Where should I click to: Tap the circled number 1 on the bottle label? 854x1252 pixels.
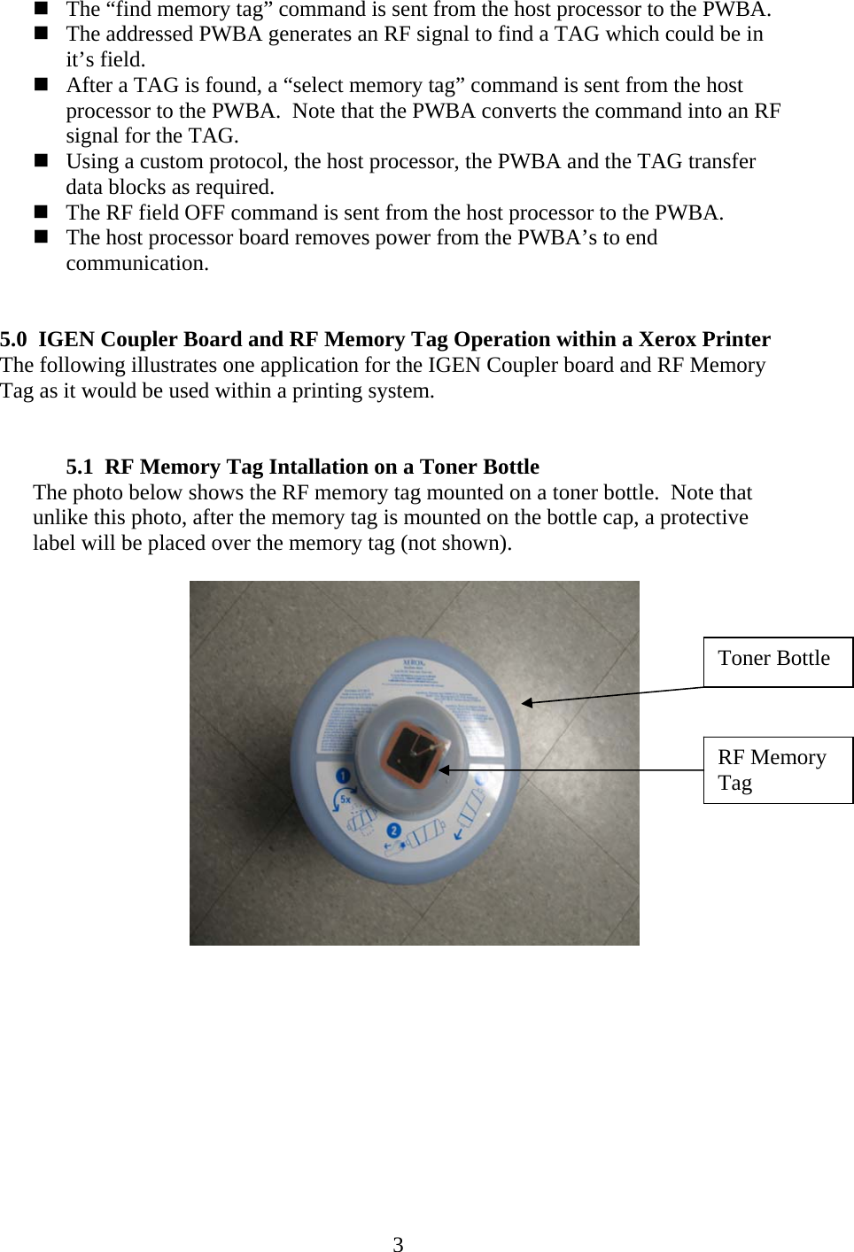pyautogui.click(x=342, y=777)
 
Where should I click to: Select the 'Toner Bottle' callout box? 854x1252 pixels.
pyautogui.click(x=778, y=661)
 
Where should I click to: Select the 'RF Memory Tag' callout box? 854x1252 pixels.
pyautogui.click(x=778, y=769)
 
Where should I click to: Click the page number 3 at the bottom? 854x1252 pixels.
pyautogui.click(x=398, y=1244)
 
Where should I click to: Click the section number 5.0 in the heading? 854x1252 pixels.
pyautogui.click(x=15, y=340)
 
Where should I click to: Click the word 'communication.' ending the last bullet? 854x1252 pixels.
pyautogui.click(x=137, y=264)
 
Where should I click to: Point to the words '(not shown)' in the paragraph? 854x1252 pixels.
pyautogui.click(x=456, y=543)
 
